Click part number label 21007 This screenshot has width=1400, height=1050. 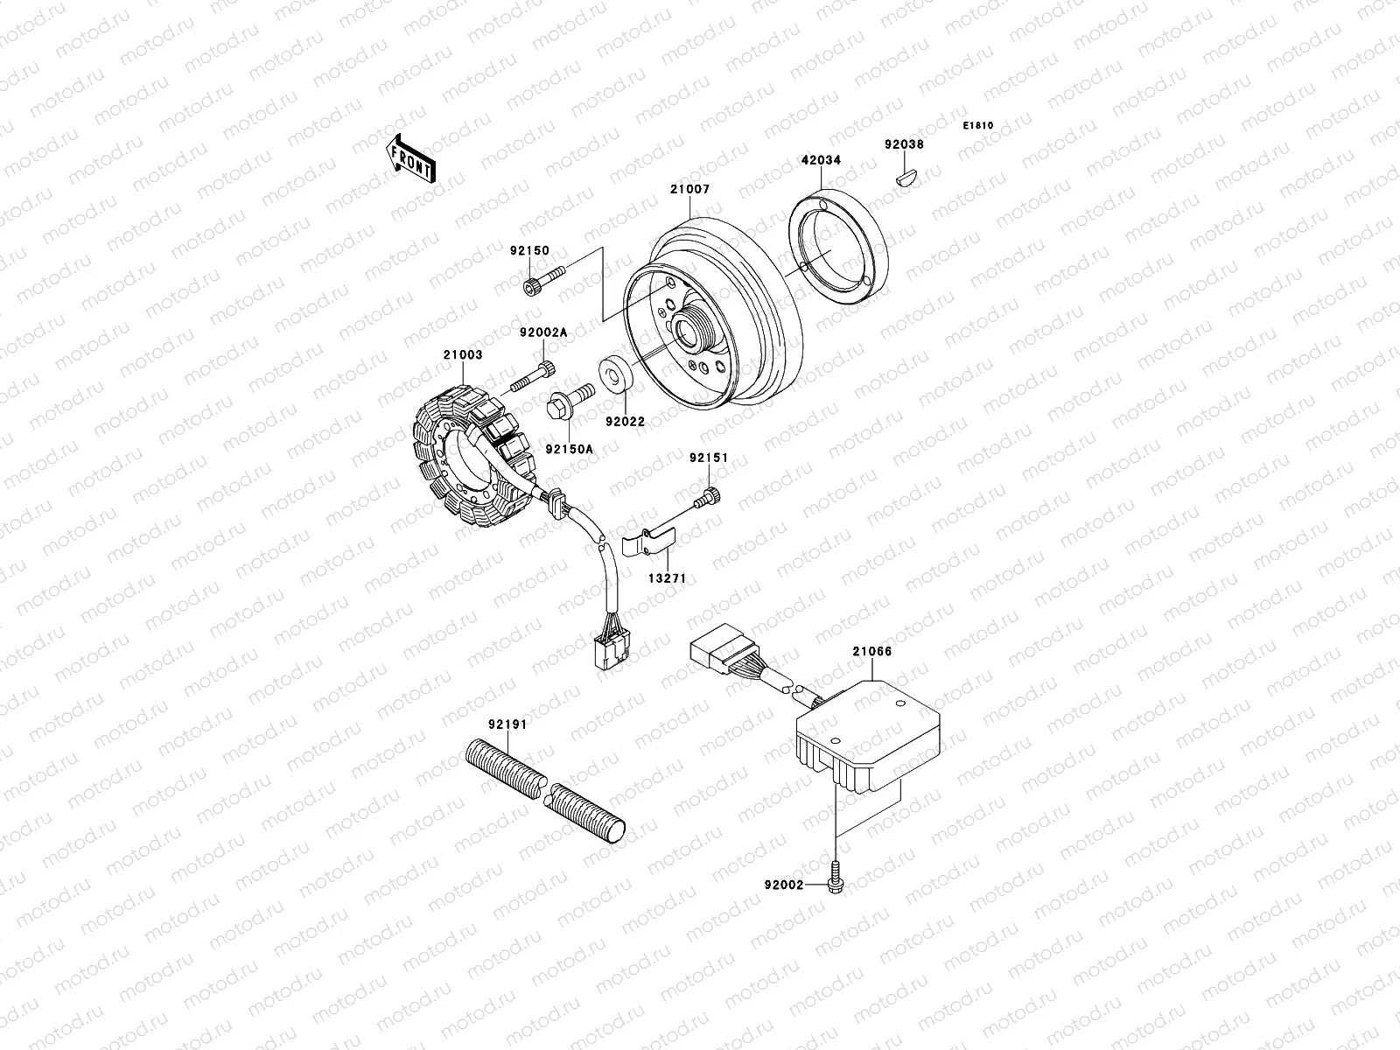[690, 190]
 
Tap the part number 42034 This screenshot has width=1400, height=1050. [820, 161]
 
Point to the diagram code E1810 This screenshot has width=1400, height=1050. [979, 126]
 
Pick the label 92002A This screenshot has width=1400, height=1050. [542, 332]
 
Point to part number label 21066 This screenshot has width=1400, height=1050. [871, 652]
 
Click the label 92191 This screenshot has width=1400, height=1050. [507, 724]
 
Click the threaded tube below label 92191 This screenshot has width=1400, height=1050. [548, 791]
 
